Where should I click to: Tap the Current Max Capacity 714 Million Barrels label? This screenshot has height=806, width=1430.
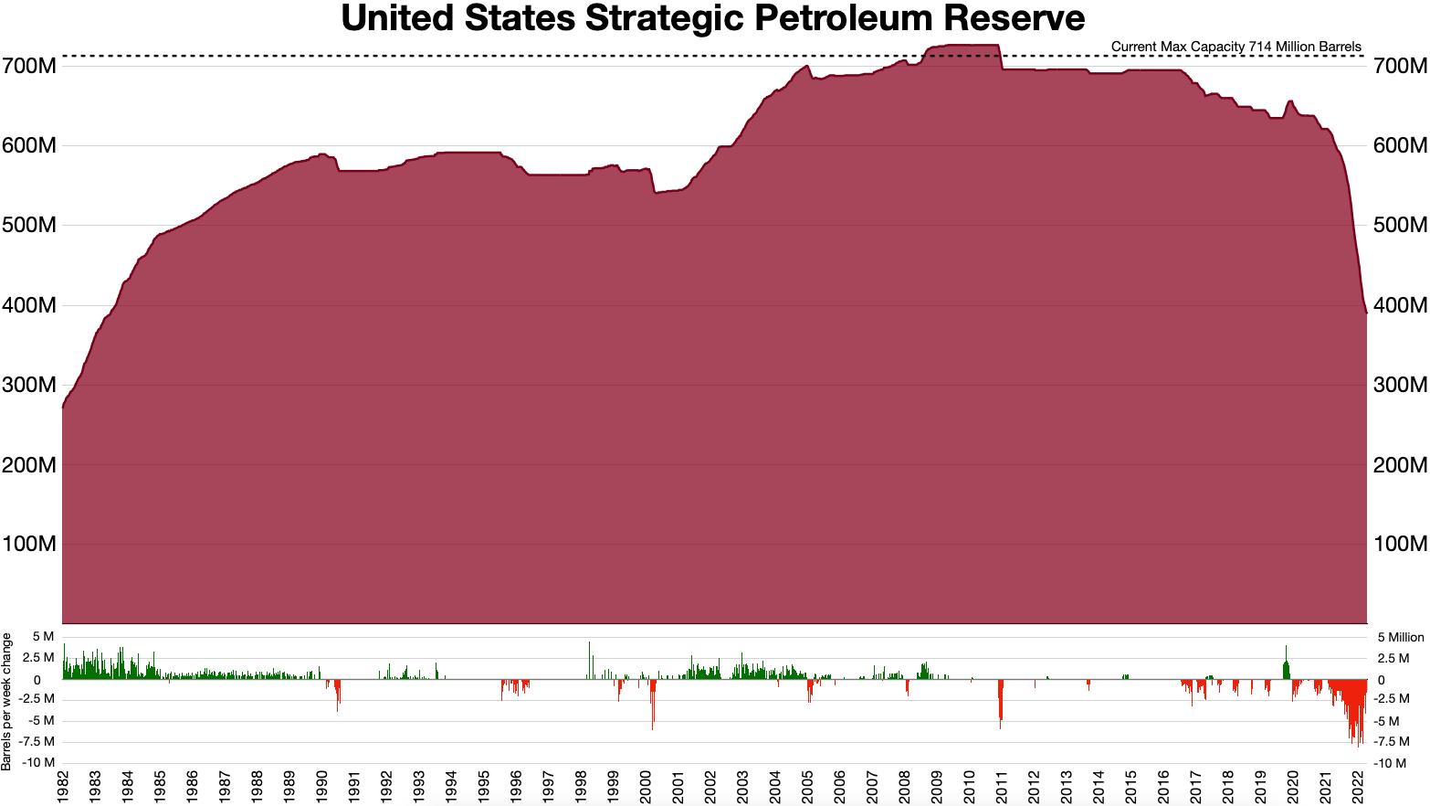coord(1235,47)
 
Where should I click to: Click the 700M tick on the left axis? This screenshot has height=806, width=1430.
coord(29,66)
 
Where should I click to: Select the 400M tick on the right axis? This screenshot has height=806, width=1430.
coord(1400,305)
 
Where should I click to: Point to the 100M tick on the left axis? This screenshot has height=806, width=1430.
coord(29,545)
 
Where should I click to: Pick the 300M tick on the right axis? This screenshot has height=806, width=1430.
coord(1400,385)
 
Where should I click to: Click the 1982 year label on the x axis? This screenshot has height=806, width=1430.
coord(63,787)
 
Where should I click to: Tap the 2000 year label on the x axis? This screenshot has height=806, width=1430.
coord(646,787)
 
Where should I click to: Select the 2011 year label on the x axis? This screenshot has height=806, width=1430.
coord(1002,787)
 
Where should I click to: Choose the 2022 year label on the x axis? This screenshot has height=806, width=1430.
coord(1358,787)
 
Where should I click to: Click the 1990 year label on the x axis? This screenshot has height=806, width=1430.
coord(322,787)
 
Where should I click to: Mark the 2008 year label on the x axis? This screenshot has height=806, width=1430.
coord(905,787)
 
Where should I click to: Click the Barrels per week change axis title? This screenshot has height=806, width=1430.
coord(7,702)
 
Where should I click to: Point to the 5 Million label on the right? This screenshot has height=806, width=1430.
coord(1401,638)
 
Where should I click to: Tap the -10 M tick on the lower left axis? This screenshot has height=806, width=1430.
coord(37,762)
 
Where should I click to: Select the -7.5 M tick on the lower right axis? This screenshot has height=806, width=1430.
coord(1393,742)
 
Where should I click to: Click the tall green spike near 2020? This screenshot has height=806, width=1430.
coord(1286,661)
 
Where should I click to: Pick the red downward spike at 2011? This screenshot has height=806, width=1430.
coord(1001,704)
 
